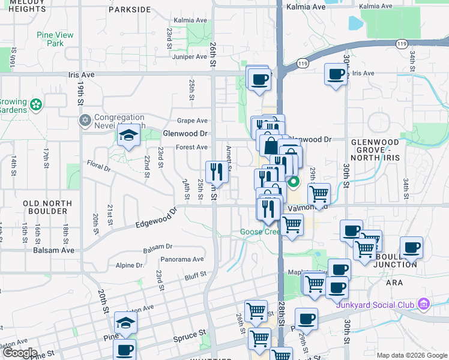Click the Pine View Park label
click(55, 39)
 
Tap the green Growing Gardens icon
click(37, 105)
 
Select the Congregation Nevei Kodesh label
click(119, 121)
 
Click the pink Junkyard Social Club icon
click(424, 304)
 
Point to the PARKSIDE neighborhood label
click(130, 10)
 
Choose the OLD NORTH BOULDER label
click(45, 208)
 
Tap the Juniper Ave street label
click(188, 57)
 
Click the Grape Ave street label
click(192, 121)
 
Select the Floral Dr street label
click(99, 165)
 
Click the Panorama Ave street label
click(182, 260)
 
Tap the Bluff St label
click(196, 276)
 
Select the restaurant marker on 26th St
click(215, 172)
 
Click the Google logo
click(20, 353)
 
